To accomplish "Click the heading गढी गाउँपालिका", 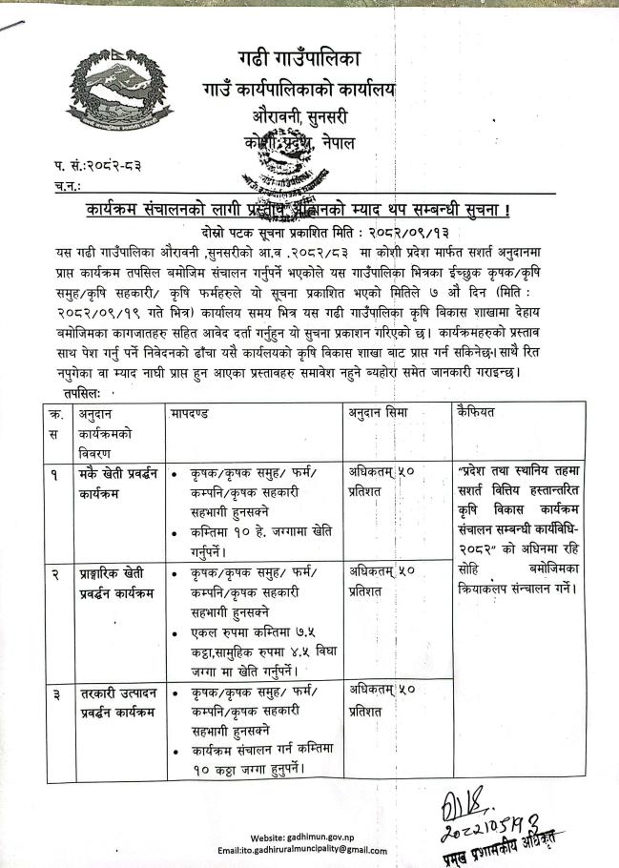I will coord(299,57).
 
